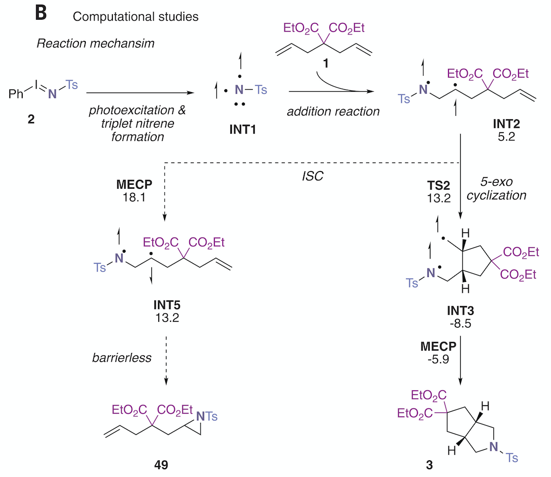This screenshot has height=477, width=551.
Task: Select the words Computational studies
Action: (136, 16)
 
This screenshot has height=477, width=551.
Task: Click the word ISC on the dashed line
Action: (314, 176)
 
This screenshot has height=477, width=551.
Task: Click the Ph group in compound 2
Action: (16, 94)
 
